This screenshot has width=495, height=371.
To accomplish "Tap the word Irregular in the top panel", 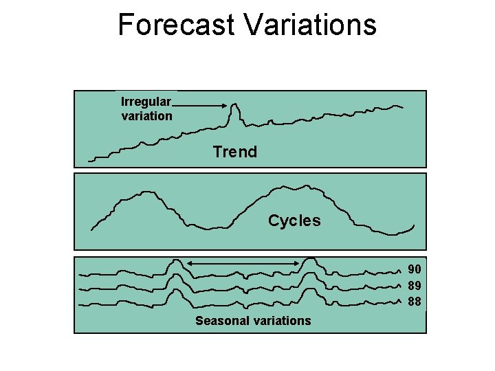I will tap(146, 102).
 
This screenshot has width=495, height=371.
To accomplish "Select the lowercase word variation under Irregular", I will tap(146, 116).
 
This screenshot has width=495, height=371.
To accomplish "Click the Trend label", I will tap(234, 152).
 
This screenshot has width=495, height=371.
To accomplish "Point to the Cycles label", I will tap(294, 221).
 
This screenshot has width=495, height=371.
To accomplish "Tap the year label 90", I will tap(415, 269).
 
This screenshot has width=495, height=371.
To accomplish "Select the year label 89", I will tap(415, 285).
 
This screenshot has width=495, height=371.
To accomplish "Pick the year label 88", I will tap(415, 301).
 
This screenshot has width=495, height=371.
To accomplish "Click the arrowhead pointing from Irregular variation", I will tap(225, 104).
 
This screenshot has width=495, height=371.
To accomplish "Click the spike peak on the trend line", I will tap(235, 105).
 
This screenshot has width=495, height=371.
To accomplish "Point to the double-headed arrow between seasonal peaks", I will tap(243, 264).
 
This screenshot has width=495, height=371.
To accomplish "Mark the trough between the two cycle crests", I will tap(206, 227).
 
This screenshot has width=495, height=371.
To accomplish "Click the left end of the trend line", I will tap(90, 161).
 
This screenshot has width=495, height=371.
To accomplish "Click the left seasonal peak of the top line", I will tap(176, 261).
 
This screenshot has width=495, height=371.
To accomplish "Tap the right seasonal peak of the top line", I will tap(311, 259).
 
